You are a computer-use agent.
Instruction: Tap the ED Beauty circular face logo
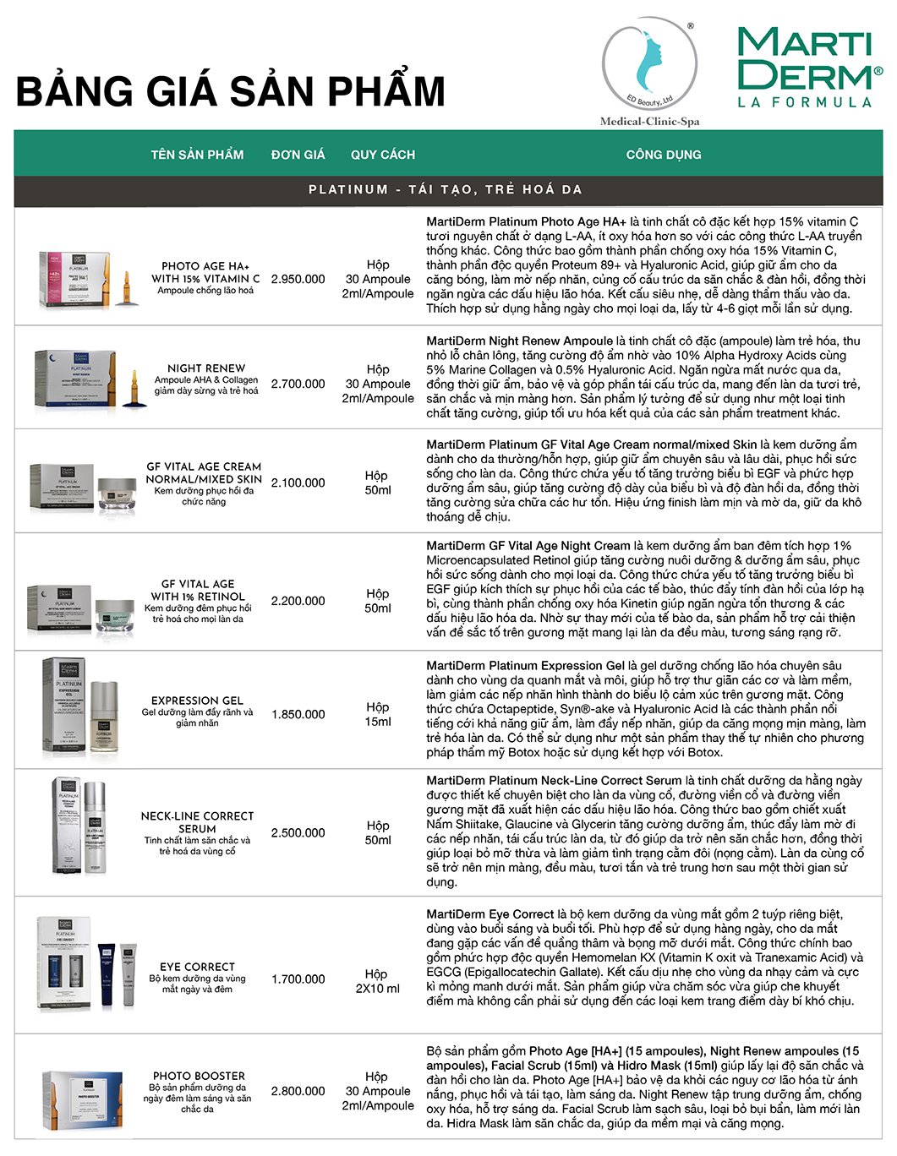click(649, 67)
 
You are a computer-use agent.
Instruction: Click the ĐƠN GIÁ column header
click(298, 155)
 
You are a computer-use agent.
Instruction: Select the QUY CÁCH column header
click(383, 155)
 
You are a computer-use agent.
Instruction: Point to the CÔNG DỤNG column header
click(664, 155)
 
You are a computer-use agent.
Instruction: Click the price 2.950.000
click(298, 279)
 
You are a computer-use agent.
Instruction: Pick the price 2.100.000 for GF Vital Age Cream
click(298, 483)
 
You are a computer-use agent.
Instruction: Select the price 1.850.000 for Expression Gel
click(298, 714)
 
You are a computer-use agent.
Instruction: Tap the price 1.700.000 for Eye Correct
click(298, 979)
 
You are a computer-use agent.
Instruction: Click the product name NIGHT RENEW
click(206, 368)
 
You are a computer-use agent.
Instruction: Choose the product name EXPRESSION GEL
click(197, 701)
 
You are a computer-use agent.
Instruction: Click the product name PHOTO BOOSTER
click(199, 1076)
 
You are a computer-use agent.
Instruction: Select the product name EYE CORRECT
click(197, 967)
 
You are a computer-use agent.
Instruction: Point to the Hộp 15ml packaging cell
click(378, 714)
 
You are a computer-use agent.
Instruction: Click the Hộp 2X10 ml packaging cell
click(378, 981)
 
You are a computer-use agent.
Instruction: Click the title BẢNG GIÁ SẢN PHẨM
click(230, 91)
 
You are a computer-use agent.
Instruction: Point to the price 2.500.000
click(298, 832)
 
